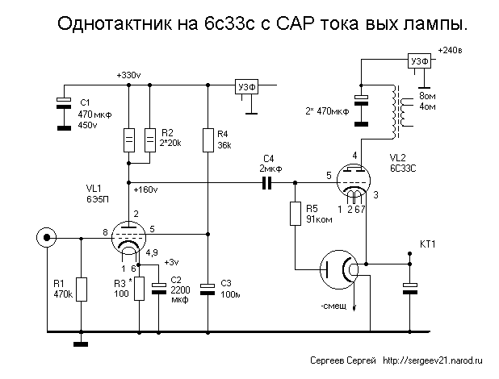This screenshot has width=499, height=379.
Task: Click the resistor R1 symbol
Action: (82, 289)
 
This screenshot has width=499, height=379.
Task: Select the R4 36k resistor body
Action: (208, 140)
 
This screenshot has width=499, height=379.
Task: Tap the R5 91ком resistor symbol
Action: (296, 214)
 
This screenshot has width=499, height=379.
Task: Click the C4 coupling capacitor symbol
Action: (266, 183)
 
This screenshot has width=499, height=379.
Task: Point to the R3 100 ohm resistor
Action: (139, 289)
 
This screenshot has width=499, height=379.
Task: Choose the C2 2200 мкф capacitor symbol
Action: (159, 288)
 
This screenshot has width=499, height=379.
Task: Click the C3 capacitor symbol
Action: (208, 289)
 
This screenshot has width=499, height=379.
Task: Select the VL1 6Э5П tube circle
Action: (128, 238)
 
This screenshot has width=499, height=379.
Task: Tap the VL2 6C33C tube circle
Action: (354, 181)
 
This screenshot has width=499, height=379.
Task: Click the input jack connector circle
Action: (47, 238)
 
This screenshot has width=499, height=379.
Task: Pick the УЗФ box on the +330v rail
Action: (246, 86)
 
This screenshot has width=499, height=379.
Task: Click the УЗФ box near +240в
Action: (419, 60)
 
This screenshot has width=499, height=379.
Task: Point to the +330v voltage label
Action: (128, 75)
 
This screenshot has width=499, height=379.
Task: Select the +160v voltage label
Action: (146, 189)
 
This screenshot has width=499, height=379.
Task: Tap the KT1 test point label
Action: (428, 244)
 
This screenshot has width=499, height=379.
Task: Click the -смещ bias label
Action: (333, 306)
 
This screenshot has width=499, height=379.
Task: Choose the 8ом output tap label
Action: (427, 96)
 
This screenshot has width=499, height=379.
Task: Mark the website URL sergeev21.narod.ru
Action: (433, 360)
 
